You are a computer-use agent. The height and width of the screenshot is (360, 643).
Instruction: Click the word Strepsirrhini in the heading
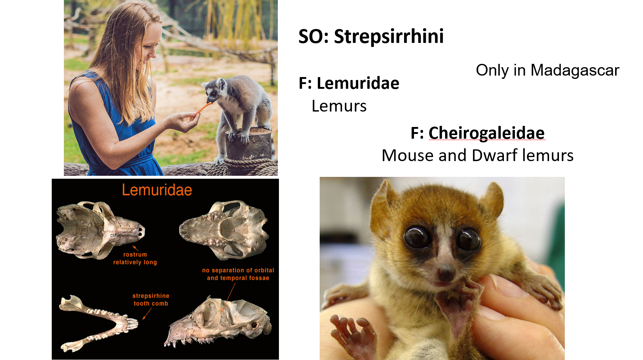tap(389, 36)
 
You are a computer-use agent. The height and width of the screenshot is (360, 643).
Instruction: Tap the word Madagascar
tap(575, 70)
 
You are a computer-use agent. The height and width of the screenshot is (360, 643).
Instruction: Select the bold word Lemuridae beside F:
tap(358, 83)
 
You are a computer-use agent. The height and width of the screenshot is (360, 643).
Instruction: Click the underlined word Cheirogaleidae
tap(486, 133)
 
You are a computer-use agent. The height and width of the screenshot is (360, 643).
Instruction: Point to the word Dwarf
tap(494, 156)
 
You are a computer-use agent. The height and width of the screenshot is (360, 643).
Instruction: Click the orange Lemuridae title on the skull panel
tap(157, 190)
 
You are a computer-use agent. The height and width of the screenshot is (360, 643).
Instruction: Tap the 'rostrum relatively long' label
tap(135, 258)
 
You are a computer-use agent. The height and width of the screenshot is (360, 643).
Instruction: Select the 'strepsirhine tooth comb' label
tap(151, 299)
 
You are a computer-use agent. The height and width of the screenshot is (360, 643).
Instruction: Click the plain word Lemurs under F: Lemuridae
tap(339, 106)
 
